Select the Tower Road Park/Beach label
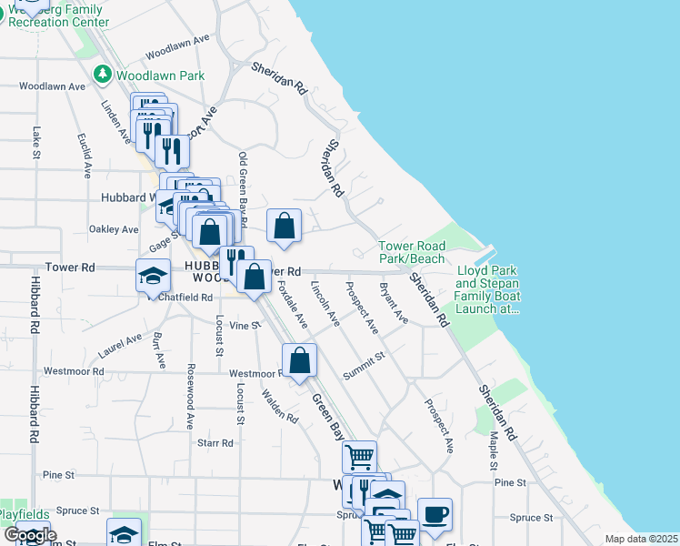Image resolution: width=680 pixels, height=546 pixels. coord(412,253)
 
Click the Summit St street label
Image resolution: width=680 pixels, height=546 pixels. coord(365,368)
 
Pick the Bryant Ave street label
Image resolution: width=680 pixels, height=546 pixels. coord(394,303)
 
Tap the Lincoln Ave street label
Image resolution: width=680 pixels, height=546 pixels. coord(325,305)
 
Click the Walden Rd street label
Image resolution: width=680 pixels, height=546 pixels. coord(279,406)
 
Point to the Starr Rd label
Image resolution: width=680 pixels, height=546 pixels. coord(215,443)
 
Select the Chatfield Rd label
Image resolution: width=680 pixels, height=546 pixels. coord(185,297)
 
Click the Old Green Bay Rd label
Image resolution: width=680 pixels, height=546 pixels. coord(243,189)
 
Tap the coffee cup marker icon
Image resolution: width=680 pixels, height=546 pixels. coord(435,513)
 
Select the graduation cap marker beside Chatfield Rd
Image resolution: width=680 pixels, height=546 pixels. coord(153,275)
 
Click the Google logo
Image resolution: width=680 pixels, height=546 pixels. coord(30,535)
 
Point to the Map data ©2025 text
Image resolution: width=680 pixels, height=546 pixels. coord(640,539)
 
